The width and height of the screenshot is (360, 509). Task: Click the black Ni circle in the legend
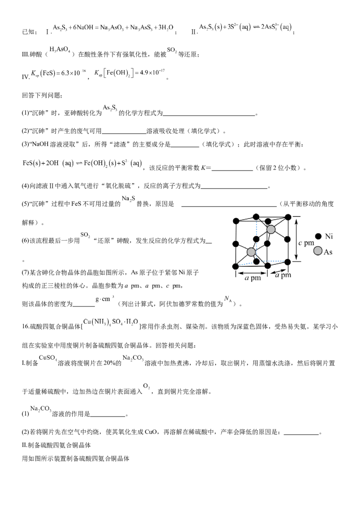click(x=319, y=237)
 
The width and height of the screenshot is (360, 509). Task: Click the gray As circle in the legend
click(x=318, y=251)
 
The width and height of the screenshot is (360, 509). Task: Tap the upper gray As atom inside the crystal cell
click(x=270, y=229)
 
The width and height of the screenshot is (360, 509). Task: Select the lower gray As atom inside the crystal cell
click(x=251, y=252)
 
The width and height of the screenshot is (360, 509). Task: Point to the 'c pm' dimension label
click(x=306, y=243)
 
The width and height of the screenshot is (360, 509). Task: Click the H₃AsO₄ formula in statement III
click(x=60, y=49)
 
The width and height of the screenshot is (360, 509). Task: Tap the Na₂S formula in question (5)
click(x=129, y=199)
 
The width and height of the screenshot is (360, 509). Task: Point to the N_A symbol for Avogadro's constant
click(x=228, y=299)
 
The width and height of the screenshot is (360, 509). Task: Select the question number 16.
click(x=26, y=326)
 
